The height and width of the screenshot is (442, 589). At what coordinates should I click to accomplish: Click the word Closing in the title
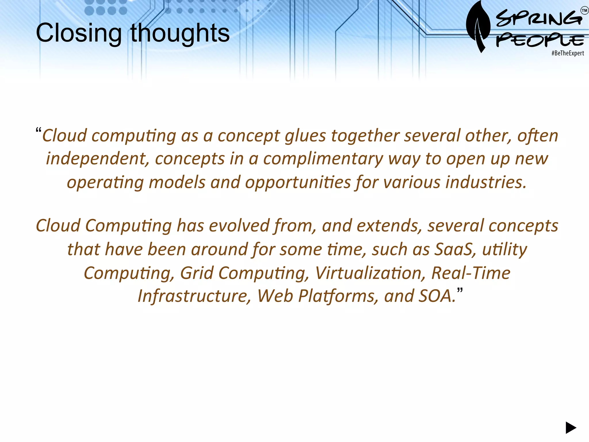(x=79, y=33)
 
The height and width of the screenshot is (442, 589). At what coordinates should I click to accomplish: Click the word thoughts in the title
(x=180, y=33)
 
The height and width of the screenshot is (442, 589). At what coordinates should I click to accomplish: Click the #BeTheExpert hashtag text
(x=567, y=53)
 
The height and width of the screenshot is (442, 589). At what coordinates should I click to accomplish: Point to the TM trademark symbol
(x=584, y=11)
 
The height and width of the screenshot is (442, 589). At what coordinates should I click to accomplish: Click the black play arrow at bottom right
(x=571, y=428)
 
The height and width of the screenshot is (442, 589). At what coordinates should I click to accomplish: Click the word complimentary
(x=323, y=159)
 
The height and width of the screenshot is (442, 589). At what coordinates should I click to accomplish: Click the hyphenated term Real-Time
(x=471, y=273)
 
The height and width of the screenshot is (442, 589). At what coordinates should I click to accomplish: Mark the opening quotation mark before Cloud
(x=39, y=130)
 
